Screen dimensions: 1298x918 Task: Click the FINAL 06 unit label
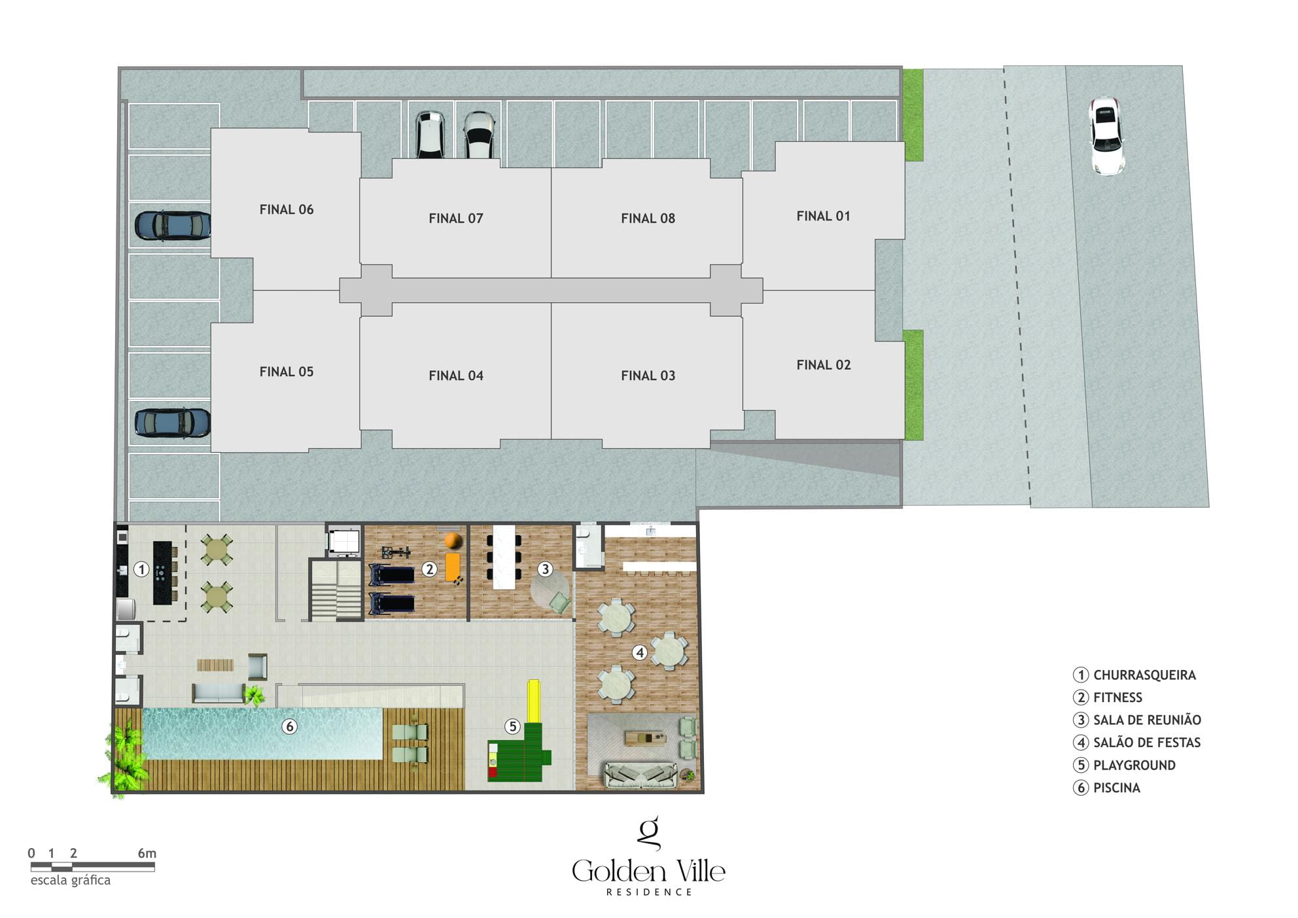click(x=287, y=209)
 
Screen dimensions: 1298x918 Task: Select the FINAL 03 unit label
click(x=648, y=376)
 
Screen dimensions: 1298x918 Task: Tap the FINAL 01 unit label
click(x=823, y=216)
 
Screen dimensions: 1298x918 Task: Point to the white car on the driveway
click(x=1106, y=136)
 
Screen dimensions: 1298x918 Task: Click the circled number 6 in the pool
click(x=289, y=726)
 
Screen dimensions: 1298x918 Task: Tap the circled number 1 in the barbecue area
click(x=141, y=569)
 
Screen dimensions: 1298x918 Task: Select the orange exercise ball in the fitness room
click(x=453, y=541)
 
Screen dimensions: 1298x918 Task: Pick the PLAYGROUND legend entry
click(x=1125, y=765)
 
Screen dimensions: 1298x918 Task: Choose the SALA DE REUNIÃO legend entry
click(x=1138, y=720)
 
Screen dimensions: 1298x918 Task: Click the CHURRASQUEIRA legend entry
click(x=1135, y=675)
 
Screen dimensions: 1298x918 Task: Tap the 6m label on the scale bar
click(x=147, y=853)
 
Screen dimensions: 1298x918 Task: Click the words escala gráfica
click(x=71, y=880)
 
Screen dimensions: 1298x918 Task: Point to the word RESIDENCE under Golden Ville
click(x=649, y=892)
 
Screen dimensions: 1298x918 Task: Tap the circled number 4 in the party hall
click(x=640, y=652)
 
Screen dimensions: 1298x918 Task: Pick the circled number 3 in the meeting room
click(x=545, y=569)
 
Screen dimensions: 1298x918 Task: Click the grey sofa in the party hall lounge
click(x=641, y=775)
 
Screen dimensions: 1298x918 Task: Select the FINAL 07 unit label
click(x=456, y=219)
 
